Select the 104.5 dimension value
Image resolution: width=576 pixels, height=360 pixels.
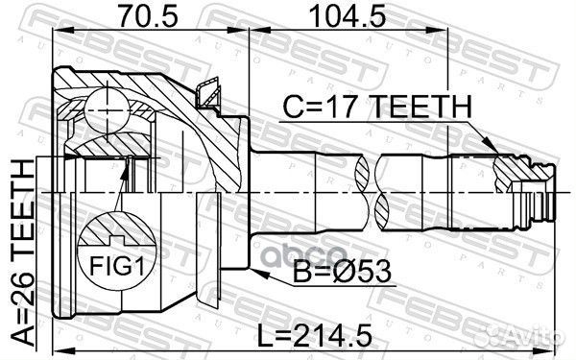pyautogui.click(x=341, y=16)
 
